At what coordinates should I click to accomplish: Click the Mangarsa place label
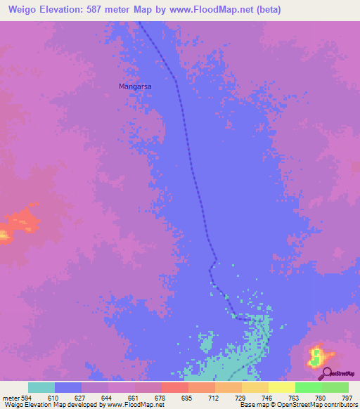tap(136, 86)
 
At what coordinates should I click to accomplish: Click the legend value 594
tap(28, 397)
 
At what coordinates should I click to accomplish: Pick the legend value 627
tap(82, 397)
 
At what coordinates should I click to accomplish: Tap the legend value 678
tap(162, 397)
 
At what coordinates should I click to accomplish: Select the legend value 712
tap(215, 397)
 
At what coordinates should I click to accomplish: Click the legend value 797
tap(347, 397)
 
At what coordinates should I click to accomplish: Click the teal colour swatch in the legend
tap(41, 387)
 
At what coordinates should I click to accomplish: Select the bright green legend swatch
tap(309, 387)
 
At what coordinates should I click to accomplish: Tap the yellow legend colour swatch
tap(282, 387)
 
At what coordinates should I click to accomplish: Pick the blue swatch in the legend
tap(68, 387)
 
